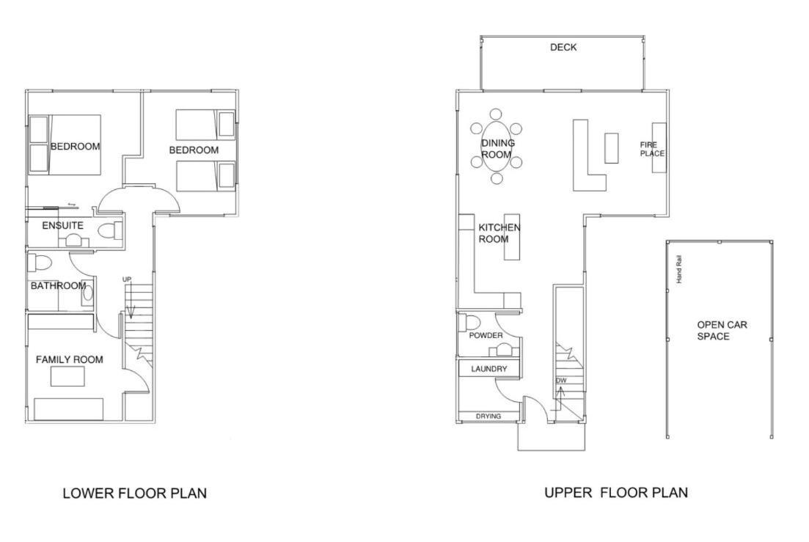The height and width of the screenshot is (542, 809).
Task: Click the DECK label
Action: click(563, 48)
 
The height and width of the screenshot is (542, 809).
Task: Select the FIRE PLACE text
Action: click(652, 149)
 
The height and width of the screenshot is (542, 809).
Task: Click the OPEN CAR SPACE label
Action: click(722, 331)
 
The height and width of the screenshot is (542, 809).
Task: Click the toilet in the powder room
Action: click(470, 321)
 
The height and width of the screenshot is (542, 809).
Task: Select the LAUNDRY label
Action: click(488, 369)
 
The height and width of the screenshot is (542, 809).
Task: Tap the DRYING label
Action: click(488, 416)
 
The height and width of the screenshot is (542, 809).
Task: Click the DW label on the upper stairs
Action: click(561, 381)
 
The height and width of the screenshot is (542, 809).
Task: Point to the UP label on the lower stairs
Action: click(127, 279)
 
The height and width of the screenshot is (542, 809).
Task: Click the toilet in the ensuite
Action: click(109, 230)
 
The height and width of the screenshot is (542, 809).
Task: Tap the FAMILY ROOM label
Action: click(69, 359)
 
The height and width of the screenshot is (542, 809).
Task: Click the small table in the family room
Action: click(67, 376)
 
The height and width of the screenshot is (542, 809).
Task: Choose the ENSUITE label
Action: click(62, 225)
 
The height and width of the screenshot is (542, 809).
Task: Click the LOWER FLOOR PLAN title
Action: click(135, 494)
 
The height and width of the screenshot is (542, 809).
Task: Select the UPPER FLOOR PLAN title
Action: click(616, 492)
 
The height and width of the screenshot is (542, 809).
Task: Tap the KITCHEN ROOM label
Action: click(499, 233)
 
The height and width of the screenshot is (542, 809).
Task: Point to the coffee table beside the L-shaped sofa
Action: click(612, 148)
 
